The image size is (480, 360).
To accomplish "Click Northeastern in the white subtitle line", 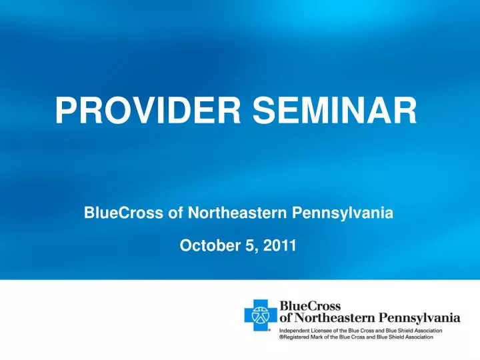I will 233,213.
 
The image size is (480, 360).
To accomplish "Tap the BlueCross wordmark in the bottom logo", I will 310,306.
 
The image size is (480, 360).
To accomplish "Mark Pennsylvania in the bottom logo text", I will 420,318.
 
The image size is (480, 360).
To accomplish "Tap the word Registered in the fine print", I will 298,338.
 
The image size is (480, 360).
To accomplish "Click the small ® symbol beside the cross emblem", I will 270,329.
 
